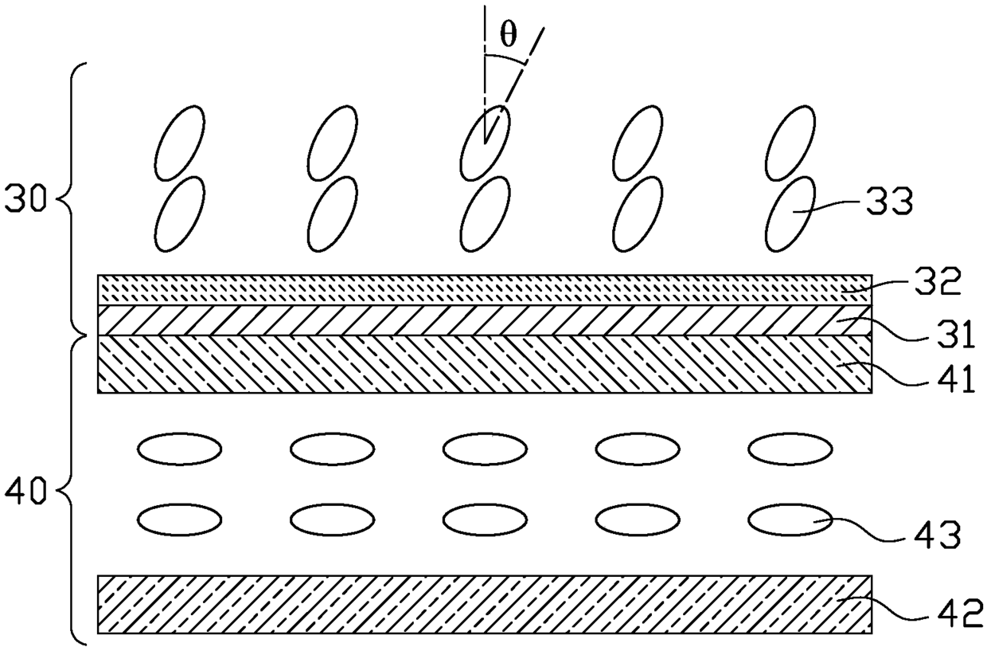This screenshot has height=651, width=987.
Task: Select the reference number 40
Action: click(x=27, y=488)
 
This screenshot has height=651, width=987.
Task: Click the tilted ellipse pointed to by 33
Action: click(x=792, y=214)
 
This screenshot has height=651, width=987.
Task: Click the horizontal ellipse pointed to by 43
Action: click(x=789, y=520)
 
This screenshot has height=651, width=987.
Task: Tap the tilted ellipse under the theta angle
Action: click(x=486, y=142)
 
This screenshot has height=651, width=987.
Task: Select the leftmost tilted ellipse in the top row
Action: click(x=180, y=142)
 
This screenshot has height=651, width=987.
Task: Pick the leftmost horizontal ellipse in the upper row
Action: click(x=180, y=449)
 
